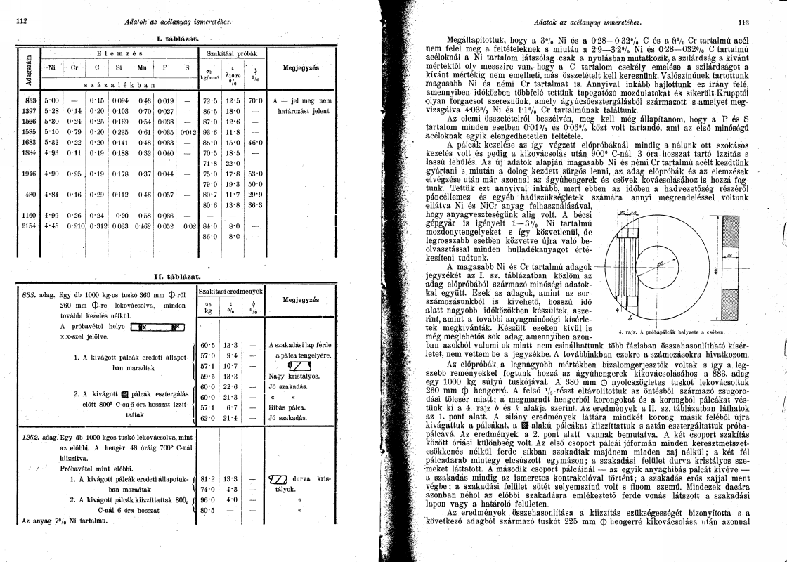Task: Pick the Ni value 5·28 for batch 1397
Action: coord(51,111)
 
